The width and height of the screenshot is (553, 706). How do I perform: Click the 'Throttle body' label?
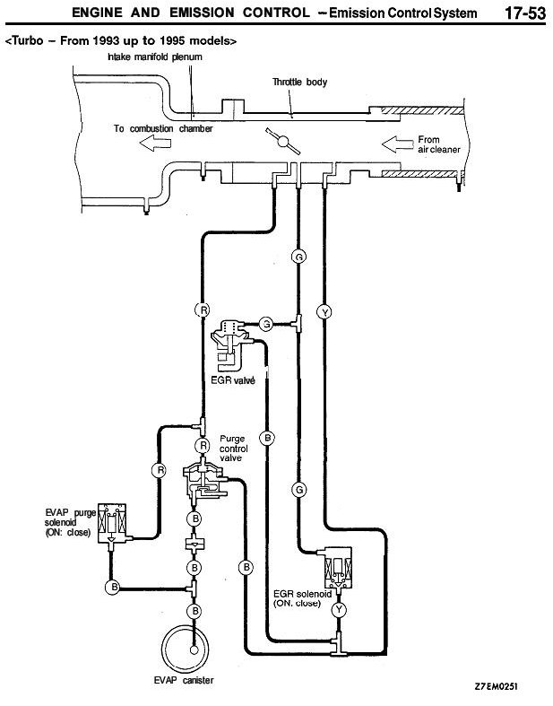click(x=300, y=83)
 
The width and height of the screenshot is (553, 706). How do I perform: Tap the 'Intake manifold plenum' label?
click(x=154, y=56)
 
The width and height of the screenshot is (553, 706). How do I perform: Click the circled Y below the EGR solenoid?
click(x=339, y=609)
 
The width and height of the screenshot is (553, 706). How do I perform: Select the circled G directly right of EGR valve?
click(x=265, y=323)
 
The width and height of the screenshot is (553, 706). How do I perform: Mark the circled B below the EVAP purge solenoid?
click(x=113, y=587)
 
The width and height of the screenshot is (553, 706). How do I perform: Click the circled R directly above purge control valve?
click(x=203, y=445)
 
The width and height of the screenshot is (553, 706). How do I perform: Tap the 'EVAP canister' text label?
click(x=184, y=681)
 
